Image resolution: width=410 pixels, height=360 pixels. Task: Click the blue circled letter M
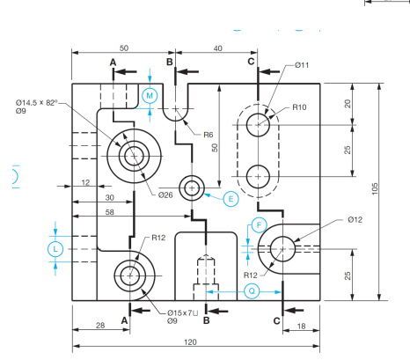[x=150, y=94]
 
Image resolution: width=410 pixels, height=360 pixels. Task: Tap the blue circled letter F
[x=259, y=224]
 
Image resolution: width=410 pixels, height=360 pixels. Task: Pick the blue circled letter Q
[x=253, y=290]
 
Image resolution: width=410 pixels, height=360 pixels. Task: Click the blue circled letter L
[x=55, y=249]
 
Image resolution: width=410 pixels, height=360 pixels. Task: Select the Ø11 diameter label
[x=302, y=65]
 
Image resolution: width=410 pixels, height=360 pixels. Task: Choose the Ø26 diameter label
[x=165, y=195]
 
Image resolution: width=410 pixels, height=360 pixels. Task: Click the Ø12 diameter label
[x=355, y=219]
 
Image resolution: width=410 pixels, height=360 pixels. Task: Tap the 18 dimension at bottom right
[x=304, y=326]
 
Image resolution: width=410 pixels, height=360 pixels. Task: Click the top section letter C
[x=251, y=62]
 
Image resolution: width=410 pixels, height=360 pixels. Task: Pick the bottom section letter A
[x=124, y=321]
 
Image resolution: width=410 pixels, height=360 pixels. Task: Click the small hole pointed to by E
[x=192, y=187]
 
